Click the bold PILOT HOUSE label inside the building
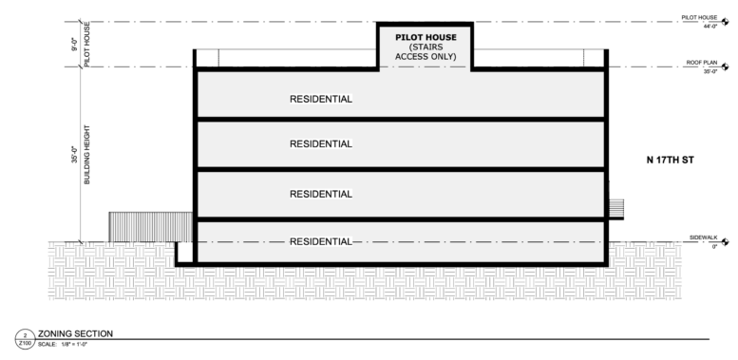(426, 37)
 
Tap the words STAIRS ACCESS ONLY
(426, 51)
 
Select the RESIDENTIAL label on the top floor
(321, 100)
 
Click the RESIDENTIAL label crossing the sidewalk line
(321, 242)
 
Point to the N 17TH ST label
(671, 160)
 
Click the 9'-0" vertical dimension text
(75, 44)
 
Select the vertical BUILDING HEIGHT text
(87, 154)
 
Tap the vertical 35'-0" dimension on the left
(75, 155)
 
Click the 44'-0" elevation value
(710, 27)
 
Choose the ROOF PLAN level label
(701, 63)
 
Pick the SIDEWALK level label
(703, 237)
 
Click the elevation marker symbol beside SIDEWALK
(725, 242)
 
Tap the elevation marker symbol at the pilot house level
(725, 22)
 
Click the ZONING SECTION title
(75, 333)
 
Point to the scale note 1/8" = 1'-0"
(74, 344)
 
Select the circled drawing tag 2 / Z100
(25, 339)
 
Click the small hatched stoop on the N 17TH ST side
(616, 209)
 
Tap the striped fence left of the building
(151, 227)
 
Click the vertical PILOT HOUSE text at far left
(87, 45)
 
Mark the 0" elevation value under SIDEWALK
(714, 247)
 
